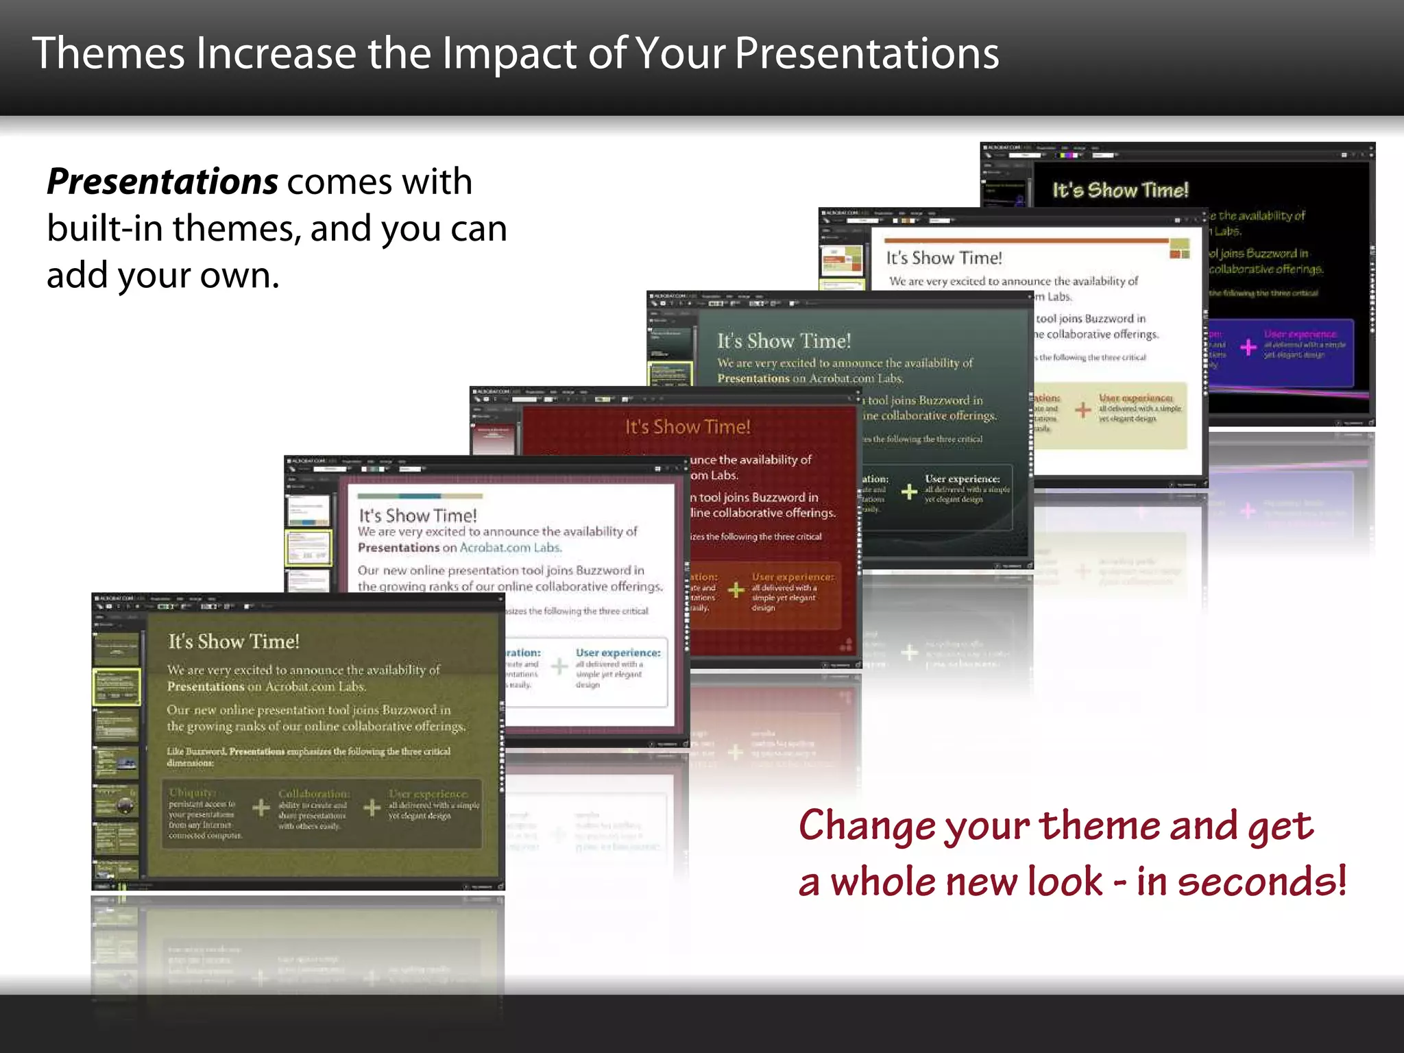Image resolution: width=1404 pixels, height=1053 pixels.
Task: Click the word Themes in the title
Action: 108,53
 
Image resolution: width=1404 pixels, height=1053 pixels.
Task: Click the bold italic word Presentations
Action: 162,182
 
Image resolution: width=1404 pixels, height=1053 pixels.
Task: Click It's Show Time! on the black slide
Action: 1120,190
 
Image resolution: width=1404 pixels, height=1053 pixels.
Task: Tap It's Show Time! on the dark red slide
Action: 687,427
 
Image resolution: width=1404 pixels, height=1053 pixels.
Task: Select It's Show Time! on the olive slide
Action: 234,642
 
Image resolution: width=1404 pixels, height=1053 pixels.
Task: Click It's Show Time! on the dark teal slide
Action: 784,341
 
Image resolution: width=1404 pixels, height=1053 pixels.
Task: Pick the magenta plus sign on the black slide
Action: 1248,347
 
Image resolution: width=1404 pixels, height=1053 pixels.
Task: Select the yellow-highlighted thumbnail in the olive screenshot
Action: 117,686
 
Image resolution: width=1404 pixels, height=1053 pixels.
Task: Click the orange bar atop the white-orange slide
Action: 1026,241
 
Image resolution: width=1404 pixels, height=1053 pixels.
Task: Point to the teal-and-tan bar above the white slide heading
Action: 420,496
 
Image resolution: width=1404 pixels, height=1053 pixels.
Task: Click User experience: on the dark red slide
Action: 792,577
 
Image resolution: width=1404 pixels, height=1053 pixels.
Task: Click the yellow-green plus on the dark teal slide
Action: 909,491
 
